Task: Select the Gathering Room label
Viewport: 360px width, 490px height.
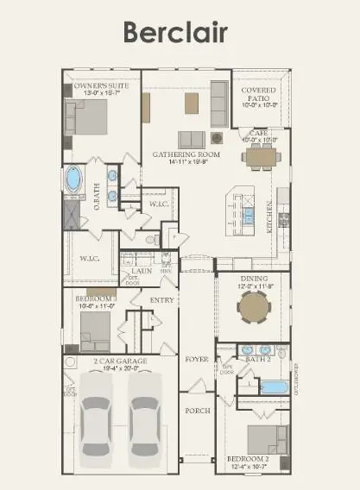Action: pyautogui.click(x=186, y=154)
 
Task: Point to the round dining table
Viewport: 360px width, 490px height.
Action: pyautogui.click(x=255, y=306)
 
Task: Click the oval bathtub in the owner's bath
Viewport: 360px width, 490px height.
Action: pyautogui.click(x=75, y=179)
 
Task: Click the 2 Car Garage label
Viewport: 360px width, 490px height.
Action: pyautogui.click(x=119, y=361)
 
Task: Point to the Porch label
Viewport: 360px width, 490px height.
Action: pyautogui.click(x=198, y=411)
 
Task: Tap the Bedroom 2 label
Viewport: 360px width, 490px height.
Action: pyautogui.click(x=248, y=460)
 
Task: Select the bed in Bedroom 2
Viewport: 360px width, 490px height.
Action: pyautogui.click(x=266, y=439)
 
